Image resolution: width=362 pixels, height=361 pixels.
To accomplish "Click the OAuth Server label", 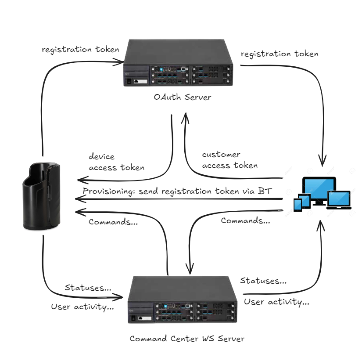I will (182, 97).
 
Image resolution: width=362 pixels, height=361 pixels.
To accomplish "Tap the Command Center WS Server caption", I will (187, 339).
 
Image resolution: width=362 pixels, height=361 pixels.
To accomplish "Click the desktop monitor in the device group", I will (319, 190).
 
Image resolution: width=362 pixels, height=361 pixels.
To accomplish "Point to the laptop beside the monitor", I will (339, 200).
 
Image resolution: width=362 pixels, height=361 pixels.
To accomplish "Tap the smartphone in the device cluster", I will (298, 205).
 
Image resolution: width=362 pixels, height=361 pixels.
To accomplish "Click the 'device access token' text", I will (116, 162).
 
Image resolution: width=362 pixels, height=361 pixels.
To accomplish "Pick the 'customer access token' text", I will (229, 160).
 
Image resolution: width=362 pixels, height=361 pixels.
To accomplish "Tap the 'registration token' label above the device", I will (80, 49).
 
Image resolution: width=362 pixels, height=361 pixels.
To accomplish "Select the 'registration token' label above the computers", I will (280, 54).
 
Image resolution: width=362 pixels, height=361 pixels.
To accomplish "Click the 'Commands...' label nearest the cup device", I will (113, 222).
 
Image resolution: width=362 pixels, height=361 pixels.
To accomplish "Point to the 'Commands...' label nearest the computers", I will (245, 221).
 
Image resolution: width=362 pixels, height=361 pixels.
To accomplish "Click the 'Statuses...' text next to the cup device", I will (88, 288).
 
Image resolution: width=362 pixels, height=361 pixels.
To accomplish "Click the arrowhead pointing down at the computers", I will (324, 162).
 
